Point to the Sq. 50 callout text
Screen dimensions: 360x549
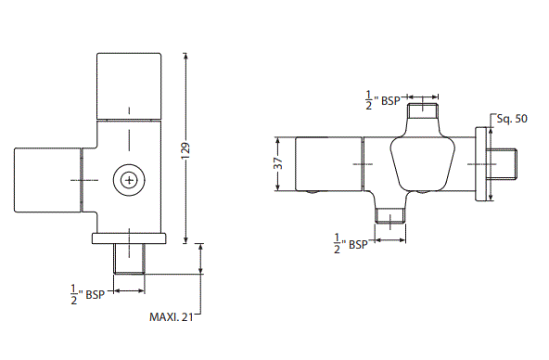[512, 119]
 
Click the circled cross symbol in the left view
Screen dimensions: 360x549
[129, 179]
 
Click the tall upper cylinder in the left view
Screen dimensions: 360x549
[131, 86]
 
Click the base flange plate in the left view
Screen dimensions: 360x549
[129, 238]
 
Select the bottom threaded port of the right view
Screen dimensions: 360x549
[390, 218]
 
